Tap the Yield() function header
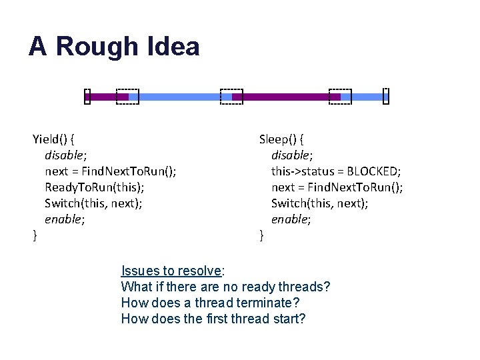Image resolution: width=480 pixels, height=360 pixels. [x=53, y=139]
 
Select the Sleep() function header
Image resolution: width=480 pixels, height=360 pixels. [x=281, y=139]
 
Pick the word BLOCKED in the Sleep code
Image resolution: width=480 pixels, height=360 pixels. [x=373, y=171]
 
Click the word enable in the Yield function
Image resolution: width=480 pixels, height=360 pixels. [x=64, y=219]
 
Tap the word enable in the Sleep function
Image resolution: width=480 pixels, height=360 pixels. [x=291, y=219]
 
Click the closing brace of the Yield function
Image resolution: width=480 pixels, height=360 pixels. [x=35, y=235]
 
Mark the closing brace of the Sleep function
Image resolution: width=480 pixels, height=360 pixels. [x=261, y=235]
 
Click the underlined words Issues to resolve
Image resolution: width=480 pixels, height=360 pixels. [x=171, y=271]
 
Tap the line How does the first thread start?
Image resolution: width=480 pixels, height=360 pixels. [x=213, y=319]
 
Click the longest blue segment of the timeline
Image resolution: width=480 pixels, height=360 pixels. [x=179, y=97]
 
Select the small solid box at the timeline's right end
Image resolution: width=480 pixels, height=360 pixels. [x=385, y=97]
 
